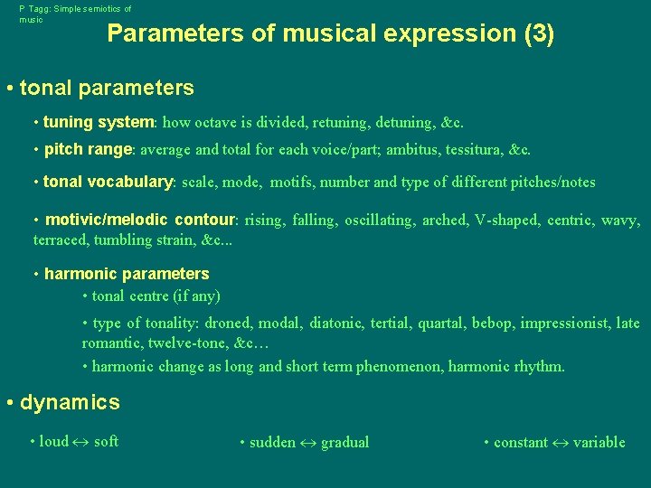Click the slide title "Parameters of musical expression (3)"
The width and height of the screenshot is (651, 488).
click(x=330, y=33)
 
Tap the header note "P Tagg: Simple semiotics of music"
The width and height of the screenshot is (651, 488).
click(x=75, y=14)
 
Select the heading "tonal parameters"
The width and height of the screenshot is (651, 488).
click(x=107, y=88)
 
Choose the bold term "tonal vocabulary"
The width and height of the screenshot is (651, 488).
click(x=108, y=182)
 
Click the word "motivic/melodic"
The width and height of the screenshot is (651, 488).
click(x=108, y=220)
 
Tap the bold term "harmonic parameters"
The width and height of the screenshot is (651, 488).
click(x=127, y=274)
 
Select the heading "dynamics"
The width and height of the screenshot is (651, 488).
click(x=70, y=402)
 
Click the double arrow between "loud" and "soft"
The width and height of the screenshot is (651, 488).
click(x=81, y=442)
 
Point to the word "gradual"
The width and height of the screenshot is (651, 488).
click(x=344, y=443)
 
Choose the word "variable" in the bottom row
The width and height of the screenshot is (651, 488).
click(x=599, y=443)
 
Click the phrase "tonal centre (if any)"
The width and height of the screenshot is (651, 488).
click(x=156, y=296)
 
